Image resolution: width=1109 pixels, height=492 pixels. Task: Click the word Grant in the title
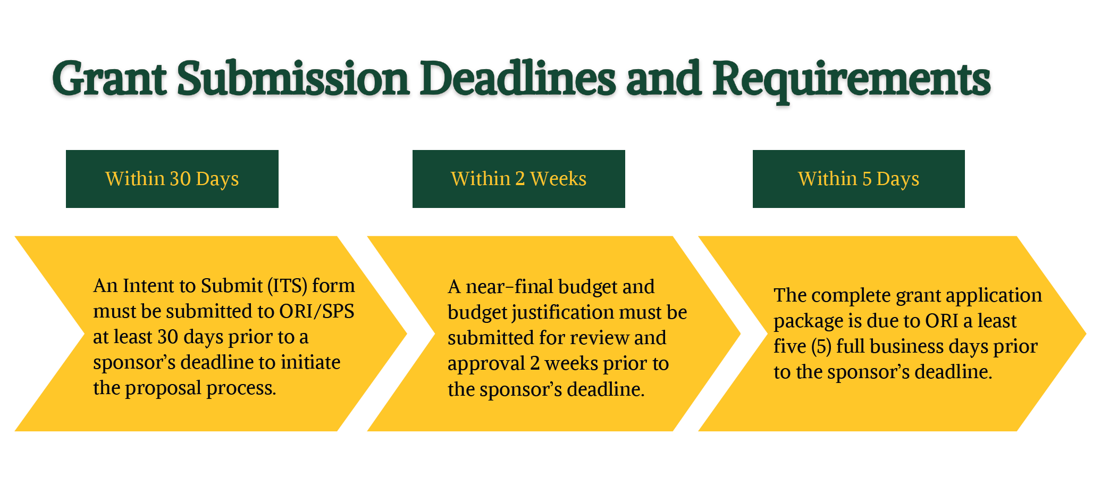109,79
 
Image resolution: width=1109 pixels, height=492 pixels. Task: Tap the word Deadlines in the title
517,79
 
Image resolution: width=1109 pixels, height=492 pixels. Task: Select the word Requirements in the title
851,79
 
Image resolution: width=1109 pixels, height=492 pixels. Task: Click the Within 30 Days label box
172,179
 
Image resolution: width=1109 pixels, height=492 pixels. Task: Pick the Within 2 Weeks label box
518,179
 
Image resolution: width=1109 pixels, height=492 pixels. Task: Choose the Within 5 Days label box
858,179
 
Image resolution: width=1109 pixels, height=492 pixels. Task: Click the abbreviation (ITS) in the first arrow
287,286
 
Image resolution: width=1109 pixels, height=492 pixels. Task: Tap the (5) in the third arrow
821,347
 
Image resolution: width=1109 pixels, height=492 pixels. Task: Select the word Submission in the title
292,79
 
